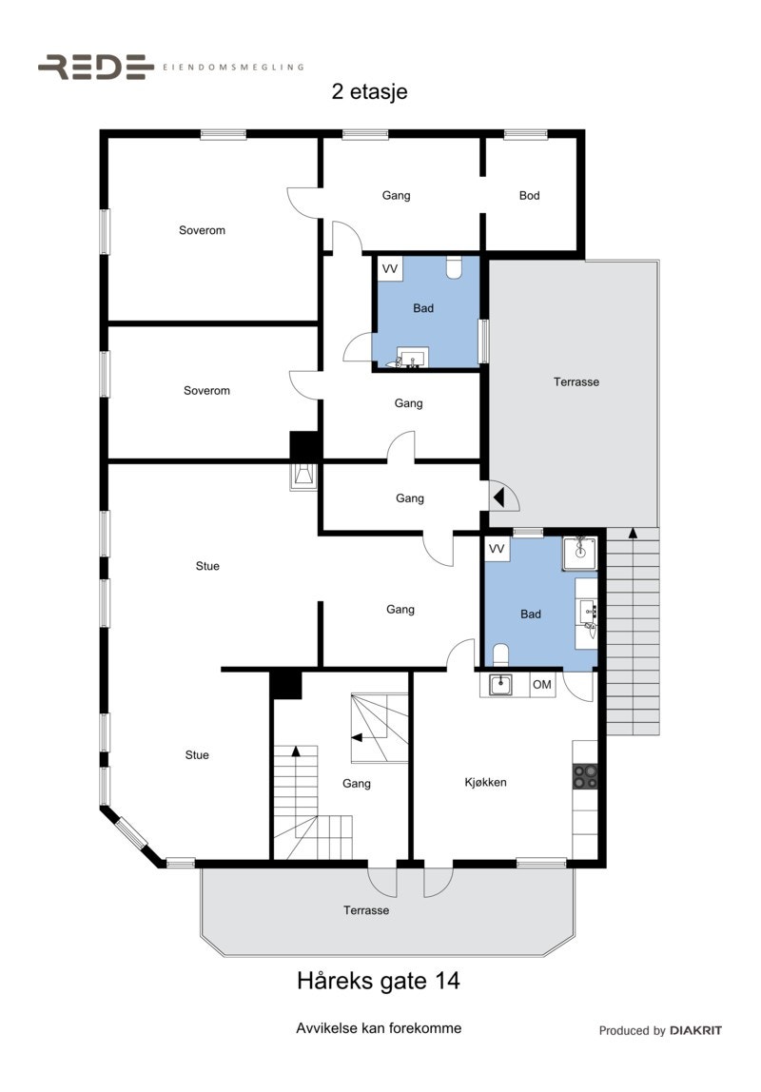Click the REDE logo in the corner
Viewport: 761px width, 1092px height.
95,67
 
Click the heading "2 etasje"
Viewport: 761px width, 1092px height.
370,92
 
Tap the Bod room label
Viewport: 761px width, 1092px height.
529,195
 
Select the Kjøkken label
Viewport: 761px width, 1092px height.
485,782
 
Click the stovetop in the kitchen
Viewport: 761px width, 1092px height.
585,776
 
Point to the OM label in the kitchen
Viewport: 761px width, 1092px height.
542,685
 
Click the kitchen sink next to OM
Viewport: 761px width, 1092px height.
501,684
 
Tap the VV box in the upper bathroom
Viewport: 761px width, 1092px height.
390,269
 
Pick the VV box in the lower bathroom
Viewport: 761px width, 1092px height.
497,549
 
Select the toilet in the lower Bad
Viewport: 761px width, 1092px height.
502,654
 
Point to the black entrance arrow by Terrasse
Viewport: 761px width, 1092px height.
498,496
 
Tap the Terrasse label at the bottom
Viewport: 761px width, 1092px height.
366,910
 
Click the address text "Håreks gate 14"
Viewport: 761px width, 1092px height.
379,981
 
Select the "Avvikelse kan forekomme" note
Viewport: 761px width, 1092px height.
379,1028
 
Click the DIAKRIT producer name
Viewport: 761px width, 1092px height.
695,1030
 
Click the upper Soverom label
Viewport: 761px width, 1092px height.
202,230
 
